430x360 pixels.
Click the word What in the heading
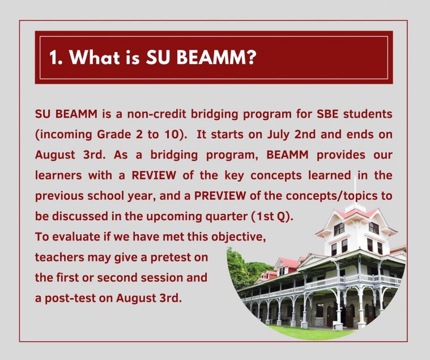click(x=95, y=57)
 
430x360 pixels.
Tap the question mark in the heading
click(x=250, y=57)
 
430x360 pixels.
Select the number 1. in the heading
click(x=56, y=58)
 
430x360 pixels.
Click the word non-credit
click(x=156, y=114)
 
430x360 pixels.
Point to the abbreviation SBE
click(x=327, y=114)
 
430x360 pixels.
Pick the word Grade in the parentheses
click(x=114, y=134)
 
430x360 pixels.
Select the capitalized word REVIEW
click(x=154, y=175)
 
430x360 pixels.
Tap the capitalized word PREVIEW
click(x=220, y=196)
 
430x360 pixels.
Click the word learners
click(x=58, y=175)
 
